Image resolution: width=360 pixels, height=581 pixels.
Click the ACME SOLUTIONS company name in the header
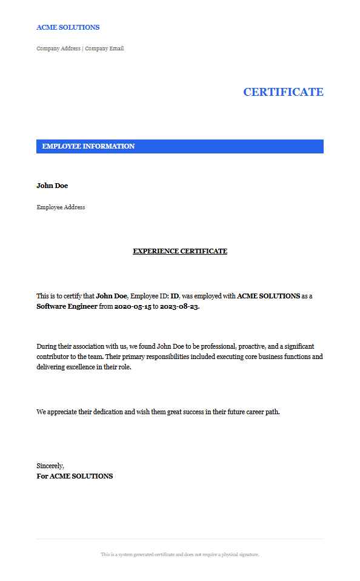point(68,27)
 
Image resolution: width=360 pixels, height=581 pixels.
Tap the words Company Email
point(104,49)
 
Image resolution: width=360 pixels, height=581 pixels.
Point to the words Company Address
point(58,49)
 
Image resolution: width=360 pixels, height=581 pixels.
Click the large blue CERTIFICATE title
point(283,92)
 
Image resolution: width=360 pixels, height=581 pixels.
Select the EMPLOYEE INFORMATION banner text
point(88,146)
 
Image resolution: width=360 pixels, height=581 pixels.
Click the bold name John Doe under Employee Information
point(52,186)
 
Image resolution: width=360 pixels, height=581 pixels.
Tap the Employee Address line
point(61,207)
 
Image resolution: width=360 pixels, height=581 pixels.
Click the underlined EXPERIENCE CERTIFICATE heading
point(180,251)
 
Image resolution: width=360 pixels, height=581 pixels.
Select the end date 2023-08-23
point(179,306)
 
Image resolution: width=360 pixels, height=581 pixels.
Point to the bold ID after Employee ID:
point(175,296)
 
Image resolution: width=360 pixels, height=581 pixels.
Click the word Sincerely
point(50,466)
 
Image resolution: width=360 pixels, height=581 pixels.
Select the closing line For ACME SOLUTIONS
point(75,476)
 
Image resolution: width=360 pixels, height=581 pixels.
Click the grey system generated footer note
point(180,554)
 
